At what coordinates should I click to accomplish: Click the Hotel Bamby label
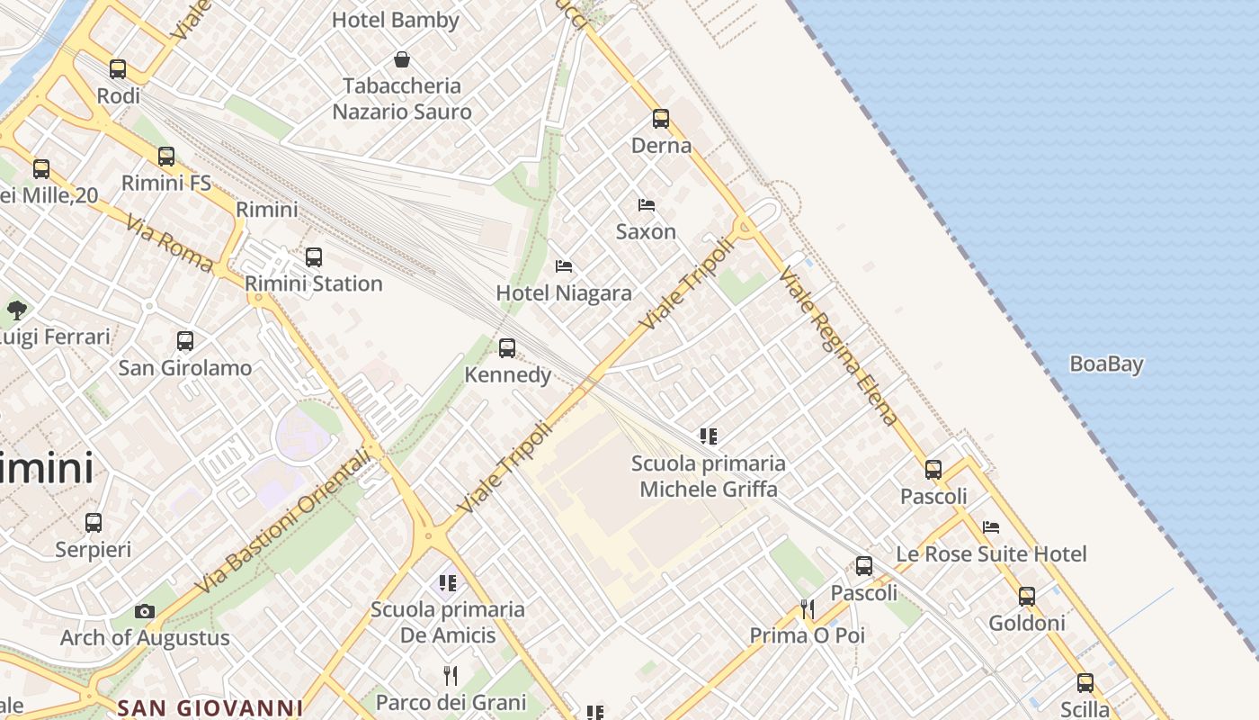[396, 20]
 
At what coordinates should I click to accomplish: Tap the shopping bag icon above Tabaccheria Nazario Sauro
[402, 60]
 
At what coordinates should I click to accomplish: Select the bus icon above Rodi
[118, 68]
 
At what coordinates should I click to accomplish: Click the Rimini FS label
[166, 184]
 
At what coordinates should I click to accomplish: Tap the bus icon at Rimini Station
[313, 257]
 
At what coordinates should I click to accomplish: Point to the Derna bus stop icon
[661, 119]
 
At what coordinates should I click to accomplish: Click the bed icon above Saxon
[646, 205]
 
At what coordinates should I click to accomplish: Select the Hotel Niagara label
[564, 293]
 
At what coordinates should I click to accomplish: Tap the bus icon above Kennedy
[507, 348]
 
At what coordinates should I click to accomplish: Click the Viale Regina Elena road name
[838, 346]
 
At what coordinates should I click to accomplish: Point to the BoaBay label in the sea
[1106, 364]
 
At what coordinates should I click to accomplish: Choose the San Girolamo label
[185, 368]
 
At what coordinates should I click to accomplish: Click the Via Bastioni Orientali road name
[282, 522]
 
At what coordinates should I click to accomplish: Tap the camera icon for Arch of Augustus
[144, 612]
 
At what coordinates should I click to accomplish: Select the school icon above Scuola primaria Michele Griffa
[709, 436]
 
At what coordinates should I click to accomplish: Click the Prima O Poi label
[808, 635]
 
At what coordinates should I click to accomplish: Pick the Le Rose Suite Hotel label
[991, 554]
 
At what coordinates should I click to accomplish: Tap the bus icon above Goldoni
[1026, 596]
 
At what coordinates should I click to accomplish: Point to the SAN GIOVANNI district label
[210, 707]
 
